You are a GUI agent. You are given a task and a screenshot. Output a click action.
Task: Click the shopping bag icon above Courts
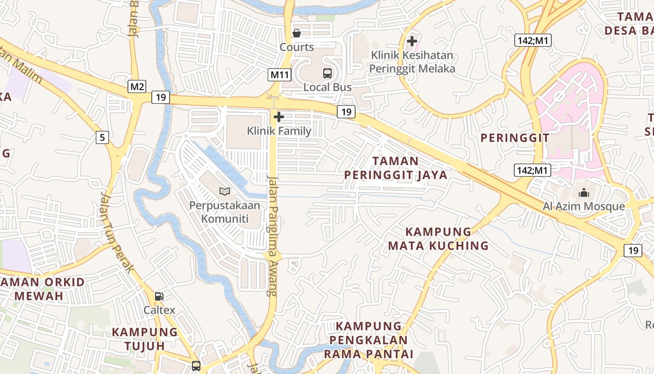297,33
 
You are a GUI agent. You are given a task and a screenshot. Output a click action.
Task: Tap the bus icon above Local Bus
327,73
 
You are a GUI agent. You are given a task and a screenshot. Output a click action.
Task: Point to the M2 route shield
137,86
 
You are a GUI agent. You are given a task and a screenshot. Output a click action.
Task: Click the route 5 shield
102,137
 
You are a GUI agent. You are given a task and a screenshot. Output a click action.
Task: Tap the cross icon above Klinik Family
279,117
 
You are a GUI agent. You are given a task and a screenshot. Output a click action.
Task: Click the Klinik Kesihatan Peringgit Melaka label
412,62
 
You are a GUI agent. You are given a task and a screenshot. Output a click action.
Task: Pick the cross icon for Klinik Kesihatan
412,41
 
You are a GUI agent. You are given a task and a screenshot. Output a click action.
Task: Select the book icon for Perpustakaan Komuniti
225,191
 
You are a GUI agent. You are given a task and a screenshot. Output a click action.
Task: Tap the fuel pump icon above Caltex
159,296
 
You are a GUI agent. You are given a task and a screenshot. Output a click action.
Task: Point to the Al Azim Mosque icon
584,193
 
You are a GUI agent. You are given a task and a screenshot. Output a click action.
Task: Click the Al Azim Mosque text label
584,206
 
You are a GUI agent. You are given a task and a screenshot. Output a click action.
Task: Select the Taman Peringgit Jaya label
396,168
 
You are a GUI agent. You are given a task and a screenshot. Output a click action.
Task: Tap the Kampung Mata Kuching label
438,239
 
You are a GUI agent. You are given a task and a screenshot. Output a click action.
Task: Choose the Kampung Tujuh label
145,339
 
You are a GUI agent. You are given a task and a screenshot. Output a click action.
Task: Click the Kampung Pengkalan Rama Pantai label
369,340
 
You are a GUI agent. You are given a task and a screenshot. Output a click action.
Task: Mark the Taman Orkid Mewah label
42,289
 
